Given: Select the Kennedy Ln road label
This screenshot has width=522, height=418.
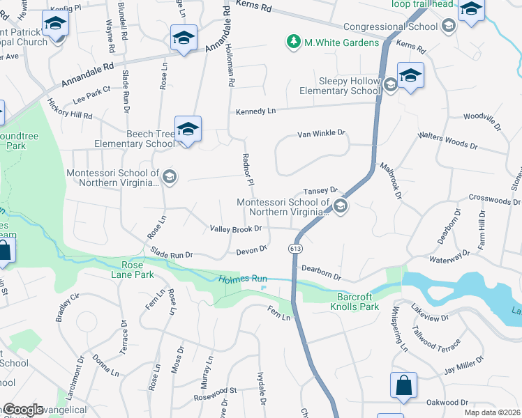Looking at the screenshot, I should (256, 111).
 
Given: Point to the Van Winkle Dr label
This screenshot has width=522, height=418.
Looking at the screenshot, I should (322, 132).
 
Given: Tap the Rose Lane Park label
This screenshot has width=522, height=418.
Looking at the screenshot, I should (127, 270).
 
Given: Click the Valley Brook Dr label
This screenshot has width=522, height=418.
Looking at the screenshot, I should (236, 228).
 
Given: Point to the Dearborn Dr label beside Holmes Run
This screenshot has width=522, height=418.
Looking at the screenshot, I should (321, 272).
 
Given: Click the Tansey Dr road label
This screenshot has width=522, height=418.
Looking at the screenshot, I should (320, 190).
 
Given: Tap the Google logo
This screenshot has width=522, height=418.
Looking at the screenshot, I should (23, 410).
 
